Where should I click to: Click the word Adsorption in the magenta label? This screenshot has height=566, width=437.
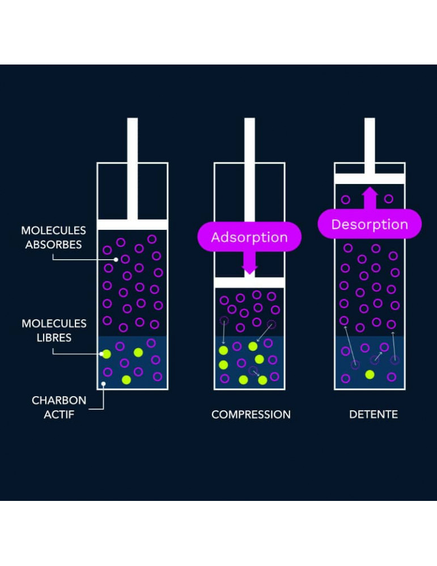(x=249, y=237)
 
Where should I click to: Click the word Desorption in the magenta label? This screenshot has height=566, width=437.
(x=370, y=224)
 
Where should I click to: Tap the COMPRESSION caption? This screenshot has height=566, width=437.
(x=251, y=414)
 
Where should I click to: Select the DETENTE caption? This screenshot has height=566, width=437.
(x=373, y=414)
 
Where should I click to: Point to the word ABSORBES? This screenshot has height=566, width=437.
(x=53, y=245)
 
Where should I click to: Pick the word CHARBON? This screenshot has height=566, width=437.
(x=59, y=400)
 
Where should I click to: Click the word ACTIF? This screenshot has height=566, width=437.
(x=59, y=414)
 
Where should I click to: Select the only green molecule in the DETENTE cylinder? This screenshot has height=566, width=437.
(x=370, y=374)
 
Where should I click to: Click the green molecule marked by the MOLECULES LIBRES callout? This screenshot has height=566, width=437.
(x=106, y=354)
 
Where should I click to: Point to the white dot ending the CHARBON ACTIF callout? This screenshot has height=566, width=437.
(x=103, y=385)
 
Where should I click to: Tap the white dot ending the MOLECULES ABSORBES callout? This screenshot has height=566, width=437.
(x=116, y=259)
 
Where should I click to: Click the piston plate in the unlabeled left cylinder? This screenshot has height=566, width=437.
(x=132, y=225)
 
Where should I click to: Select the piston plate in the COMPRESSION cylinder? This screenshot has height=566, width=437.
(x=249, y=282)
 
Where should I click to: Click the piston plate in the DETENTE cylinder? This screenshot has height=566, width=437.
(x=370, y=179)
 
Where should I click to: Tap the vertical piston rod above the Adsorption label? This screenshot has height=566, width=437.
(x=249, y=170)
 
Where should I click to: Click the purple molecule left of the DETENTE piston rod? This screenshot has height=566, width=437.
(x=346, y=199)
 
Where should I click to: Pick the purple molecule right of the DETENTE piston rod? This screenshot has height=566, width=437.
(x=388, y=199)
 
